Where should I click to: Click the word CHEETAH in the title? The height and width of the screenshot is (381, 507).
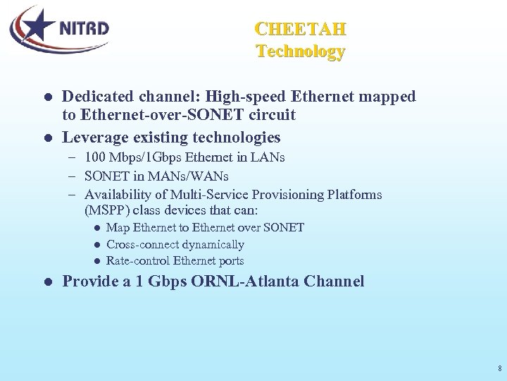[300, 30]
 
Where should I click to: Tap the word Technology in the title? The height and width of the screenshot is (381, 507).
[300, 52]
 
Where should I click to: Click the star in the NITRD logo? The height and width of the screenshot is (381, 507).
[37, 28]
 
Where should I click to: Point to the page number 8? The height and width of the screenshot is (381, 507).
[499, 368]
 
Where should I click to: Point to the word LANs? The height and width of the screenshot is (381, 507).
[271, 157]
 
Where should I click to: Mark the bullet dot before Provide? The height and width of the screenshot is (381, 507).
[47, 282]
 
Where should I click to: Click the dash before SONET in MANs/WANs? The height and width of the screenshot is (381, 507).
[73, 176]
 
